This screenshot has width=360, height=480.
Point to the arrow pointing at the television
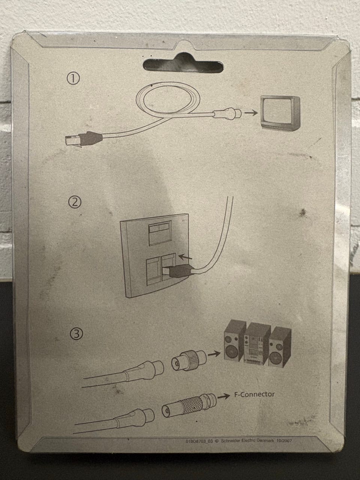[251, 113]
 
